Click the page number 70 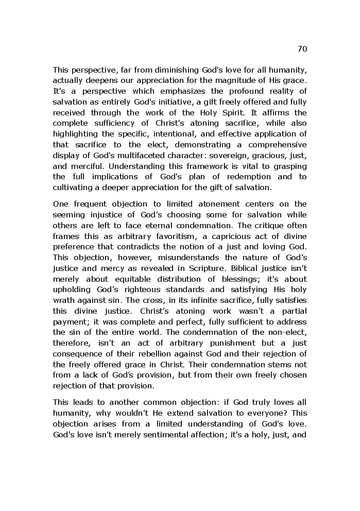(x=302, y=49)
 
